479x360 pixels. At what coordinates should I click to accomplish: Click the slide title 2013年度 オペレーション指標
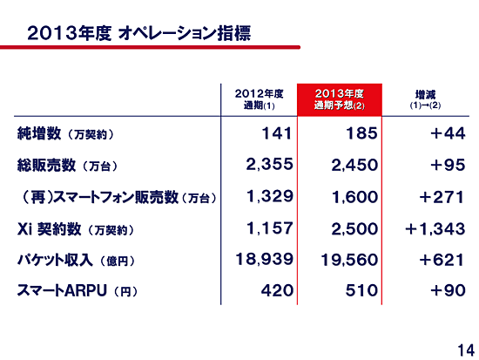click(x=139, y=33)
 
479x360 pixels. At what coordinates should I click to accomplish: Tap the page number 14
click(x=466, y=350)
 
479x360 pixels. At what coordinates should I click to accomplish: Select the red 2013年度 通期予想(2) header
click(x=340, y=99)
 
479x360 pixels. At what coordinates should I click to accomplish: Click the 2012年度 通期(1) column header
click(x=259, y=99)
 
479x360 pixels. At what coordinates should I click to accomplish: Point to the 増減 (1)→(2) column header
click(x=425, y=99)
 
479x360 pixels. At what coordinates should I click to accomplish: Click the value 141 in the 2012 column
click(x=277, y=133)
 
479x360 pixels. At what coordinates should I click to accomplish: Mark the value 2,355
click(x=269, y=165)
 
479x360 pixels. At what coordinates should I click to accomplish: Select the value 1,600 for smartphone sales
click(x=354, y=197)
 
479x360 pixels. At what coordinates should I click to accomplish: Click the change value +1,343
click(x=435, y=228)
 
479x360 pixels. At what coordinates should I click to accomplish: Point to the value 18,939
click(x=264, y=260)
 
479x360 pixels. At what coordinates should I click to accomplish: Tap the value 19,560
click(x=349, y=261)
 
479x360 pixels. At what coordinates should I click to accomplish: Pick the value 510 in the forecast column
click(x=361, y=290)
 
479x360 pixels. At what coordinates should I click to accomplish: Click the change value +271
click(x=442, y=197)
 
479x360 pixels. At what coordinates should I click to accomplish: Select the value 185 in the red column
click(x=361, y=133)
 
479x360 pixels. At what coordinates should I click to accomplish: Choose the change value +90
click(x=448, y=290)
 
